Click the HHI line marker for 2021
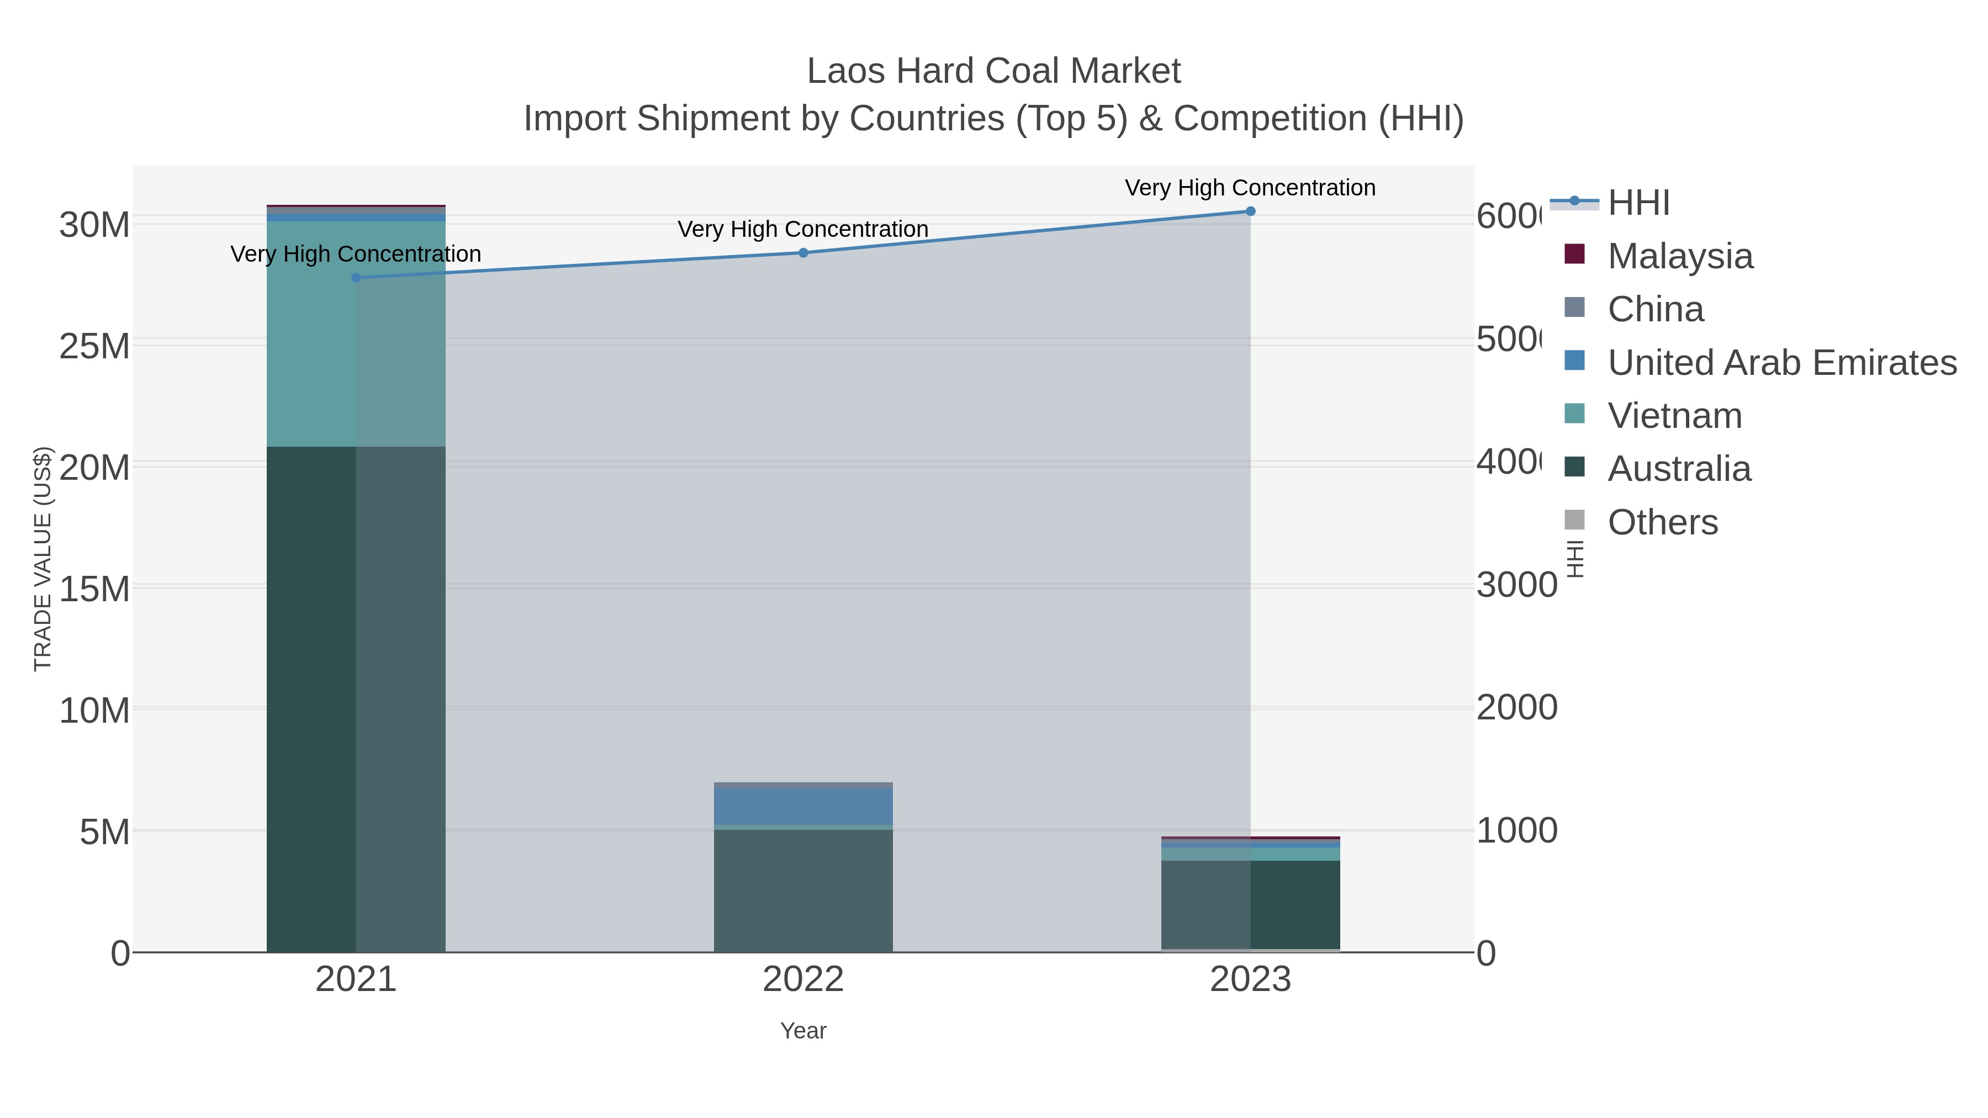(356, 278)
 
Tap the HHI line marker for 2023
(1250, 211)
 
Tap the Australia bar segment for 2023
(1250, 904)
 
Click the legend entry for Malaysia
(1679, 256)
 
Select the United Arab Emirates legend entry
(1781, 363)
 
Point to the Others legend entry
(1662, 522)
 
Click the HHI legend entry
(1638, 203)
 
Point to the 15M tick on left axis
(94, 590)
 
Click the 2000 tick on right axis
(1516, 708)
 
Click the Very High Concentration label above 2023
(1250, 188)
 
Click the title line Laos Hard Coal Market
(993, 71)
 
